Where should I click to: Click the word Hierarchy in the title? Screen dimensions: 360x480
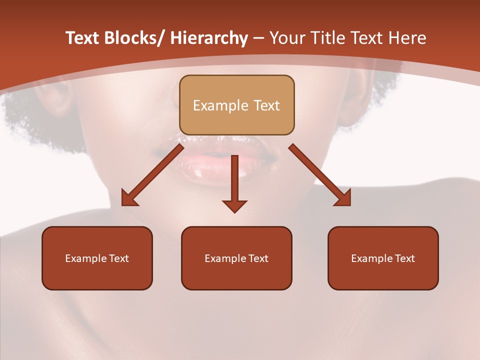click(x=209, y=38)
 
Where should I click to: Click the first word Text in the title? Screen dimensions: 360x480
click(x=83, y=38)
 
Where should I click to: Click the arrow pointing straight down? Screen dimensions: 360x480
click(x=234, y=180)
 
